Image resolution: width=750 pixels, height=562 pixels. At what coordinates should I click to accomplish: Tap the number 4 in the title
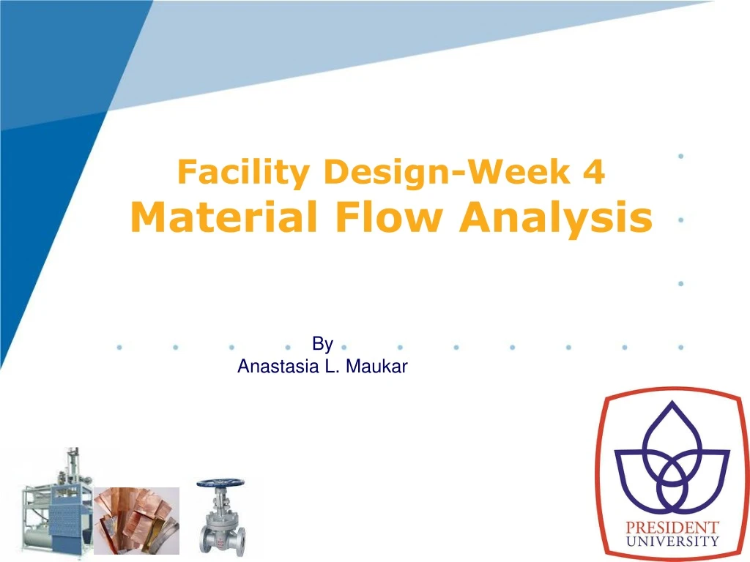595,173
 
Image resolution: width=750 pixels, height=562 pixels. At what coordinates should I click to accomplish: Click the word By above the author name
322,344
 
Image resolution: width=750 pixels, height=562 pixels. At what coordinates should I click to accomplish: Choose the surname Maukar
376,367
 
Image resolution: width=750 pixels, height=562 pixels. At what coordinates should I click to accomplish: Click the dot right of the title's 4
682,156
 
